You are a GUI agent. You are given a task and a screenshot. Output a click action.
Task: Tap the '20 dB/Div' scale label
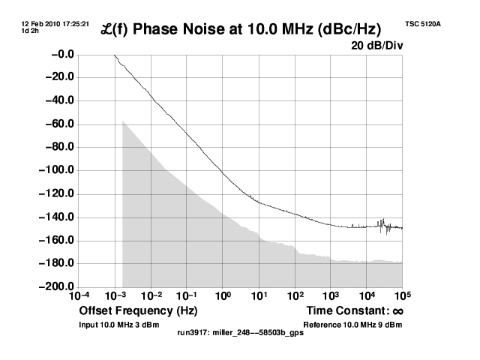(x=376, y=46)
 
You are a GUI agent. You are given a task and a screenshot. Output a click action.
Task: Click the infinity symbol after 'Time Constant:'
(x=397, y=310)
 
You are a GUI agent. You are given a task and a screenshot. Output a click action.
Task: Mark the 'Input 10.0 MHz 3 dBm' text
(x=119, y=325)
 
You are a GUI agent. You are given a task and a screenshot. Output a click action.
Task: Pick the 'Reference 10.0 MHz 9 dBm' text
(x=352, y=325)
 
